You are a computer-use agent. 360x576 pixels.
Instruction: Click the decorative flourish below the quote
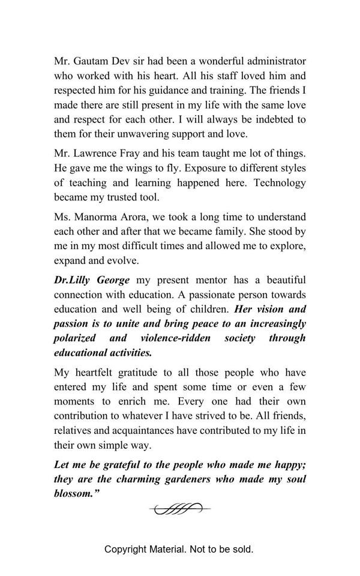[x=180, y=509]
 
